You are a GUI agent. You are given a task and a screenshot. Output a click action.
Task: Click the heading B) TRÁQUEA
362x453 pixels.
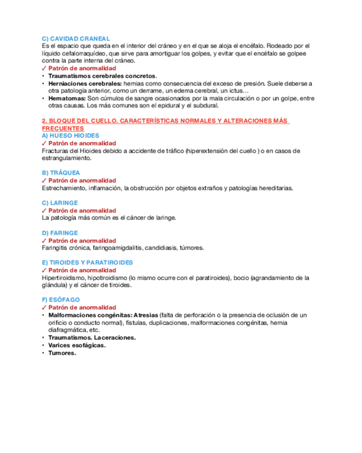pyautogui.click(x=60, y=173)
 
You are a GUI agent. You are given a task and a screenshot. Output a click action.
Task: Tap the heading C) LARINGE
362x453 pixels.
pyautogui.click(x=59, y=203)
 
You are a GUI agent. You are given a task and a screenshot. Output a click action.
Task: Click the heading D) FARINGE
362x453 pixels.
pyautogui.click(x=59, y=233)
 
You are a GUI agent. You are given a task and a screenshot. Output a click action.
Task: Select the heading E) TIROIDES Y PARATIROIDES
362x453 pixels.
pyautogui.click(x=87, y=263)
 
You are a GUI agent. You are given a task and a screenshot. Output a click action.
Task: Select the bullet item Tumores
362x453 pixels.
pyautogui.click(x=62, y=353)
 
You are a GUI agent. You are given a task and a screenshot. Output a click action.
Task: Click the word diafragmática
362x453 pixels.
pyautogui.click(x=67, y=330)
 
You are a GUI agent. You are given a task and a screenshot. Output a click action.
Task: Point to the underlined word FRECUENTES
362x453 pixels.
pyautogui.click(x=63, y=129)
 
